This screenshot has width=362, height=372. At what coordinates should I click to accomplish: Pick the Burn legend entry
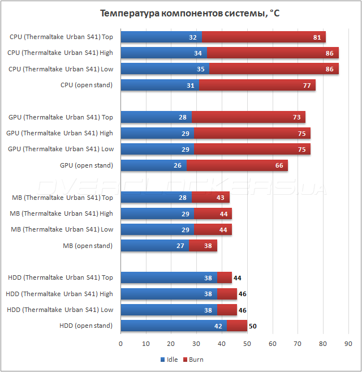(196, 360)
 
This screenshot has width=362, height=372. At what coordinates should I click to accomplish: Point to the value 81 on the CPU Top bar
(316, 37)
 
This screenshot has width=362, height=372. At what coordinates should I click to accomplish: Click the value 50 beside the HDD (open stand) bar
(253, 326)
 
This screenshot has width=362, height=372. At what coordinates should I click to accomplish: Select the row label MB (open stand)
(88, 246)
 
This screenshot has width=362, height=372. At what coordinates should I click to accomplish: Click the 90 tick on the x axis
(348, 344)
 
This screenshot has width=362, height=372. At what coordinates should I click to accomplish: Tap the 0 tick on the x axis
(121, 344)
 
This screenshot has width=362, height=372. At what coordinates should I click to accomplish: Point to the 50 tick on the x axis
(247, 344)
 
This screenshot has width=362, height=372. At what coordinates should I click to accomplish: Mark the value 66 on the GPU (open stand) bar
(279, 165)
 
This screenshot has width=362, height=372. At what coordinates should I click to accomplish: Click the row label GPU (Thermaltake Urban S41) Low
(61, 149)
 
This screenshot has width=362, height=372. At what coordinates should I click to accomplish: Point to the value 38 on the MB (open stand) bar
(208, 246)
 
